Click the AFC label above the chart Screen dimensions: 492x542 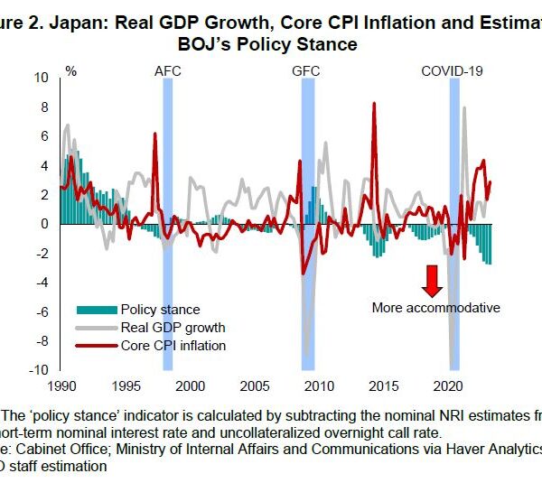point(168,70)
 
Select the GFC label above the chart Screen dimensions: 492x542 point(307,70)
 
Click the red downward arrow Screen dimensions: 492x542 point(433,281)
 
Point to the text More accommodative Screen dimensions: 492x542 point(435,307)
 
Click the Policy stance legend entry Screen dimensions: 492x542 point(160,310)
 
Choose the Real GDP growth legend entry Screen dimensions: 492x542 point(173,327)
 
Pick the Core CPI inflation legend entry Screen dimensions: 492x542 point(173,345)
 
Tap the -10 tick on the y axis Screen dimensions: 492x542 point(39,371)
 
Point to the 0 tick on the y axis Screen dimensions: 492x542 point(44,224)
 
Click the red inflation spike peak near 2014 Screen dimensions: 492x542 point(374,104)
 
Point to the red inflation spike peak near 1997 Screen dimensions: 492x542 point(155,134)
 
